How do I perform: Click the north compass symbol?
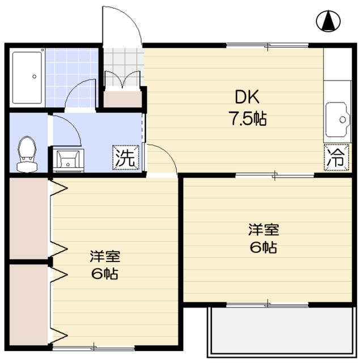[328, 21]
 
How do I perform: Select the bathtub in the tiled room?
[28, 78]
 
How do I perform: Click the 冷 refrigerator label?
[335, 158]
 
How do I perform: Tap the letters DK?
[239, 98]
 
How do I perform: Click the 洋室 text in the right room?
[263, 230]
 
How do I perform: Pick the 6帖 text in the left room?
[105, 273]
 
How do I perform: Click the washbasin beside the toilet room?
[68, 159]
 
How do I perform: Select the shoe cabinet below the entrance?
[122, 99]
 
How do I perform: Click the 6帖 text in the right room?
[264, 247]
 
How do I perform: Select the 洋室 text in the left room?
[105, 256]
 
